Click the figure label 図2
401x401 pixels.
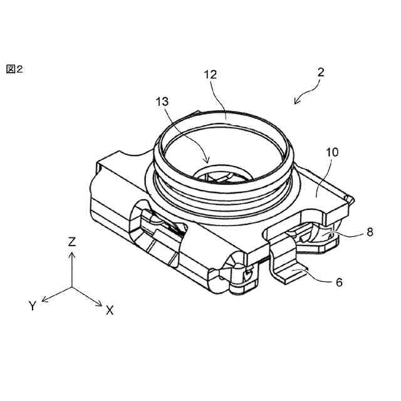(x=14, y=68)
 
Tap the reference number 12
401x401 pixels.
(x=210, y=74)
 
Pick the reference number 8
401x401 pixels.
(x=370, y=231)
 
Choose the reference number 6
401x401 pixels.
(x=339, y=282)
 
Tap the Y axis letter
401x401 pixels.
(x=31, y=306)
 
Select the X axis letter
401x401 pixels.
(x=109, y=310)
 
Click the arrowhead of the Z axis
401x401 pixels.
(x=72, y=255)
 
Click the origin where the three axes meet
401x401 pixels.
(x=72, y=288)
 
